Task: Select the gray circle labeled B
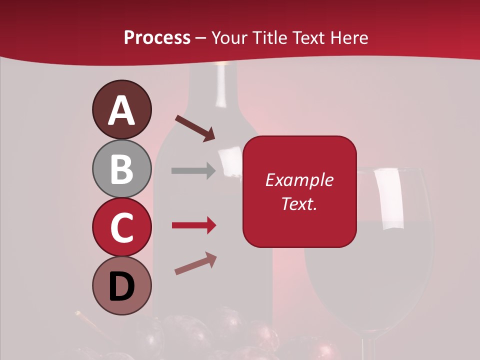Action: [x=121, y=169]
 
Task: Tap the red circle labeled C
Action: [x=121, y=227]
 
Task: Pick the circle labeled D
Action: [x=121, y=285]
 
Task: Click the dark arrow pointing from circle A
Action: [x=195, y=128]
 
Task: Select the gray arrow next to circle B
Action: [x=193, y=171]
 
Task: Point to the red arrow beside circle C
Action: [x=194, y=225]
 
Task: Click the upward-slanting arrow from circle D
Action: [x=195, y=263]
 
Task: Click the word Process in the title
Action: [x=157, y=37]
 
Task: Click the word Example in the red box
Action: [x=299, y=180]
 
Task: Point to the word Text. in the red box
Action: [x=299, y=203]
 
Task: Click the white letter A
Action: [x=121, y=111]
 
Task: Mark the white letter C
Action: [x=121, y=227]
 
